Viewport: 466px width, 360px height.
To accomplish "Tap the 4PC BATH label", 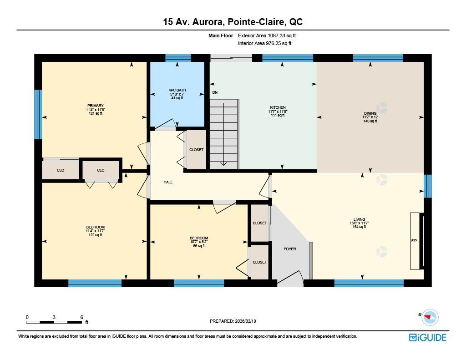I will (x=177, y=94).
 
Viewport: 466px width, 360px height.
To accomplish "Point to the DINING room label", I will (x=370, y=117).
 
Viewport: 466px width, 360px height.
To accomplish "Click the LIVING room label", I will (x=359, y=223).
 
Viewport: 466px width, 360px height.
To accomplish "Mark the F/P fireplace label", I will (x=414, y=240).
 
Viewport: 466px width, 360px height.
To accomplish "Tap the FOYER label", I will (x=290, y=249).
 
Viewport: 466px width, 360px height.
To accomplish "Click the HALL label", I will (x=168, y=182).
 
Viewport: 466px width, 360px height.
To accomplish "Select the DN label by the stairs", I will (x=215, y=93).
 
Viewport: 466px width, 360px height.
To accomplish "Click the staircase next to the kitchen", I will (x=224, y=134).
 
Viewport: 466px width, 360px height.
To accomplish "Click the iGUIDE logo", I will (x=427, y=337).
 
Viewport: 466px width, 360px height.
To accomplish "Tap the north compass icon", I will (x=429, y=317).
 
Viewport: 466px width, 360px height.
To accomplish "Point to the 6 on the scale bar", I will (x=81, y=317).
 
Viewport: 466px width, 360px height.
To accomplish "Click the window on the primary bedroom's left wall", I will (x=38, y=114).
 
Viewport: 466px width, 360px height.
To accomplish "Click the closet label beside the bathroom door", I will (x=197, y=150).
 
